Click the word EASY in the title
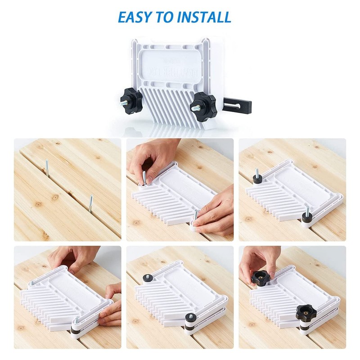tap(137, 17)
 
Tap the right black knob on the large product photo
tap(202, 105)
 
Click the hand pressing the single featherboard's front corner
tap(215, 214)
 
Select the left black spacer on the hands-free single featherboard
tap(257, 178)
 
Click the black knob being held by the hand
tap(260, 279)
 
